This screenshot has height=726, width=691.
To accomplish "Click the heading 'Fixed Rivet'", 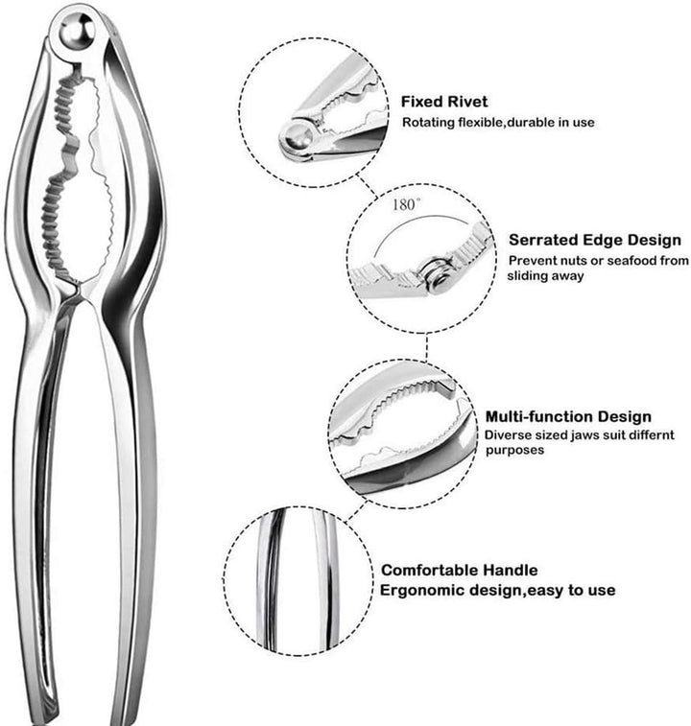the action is (x=444, y=102).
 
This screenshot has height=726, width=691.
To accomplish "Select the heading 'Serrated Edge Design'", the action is (x=595, y=240).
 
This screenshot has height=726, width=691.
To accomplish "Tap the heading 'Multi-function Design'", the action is (x=568, y=416).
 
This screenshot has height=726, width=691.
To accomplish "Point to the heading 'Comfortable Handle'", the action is (x=460, y=570).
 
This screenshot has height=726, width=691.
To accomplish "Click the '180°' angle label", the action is (x=407, y=204).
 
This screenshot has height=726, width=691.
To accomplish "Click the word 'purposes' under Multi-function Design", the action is (x=514, y=451).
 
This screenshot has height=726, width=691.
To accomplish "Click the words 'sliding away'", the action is (x=545, y=276).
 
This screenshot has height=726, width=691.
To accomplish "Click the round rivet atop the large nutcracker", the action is (x=77, y=32).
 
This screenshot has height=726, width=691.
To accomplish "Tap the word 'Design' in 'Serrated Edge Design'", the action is (x=653, y=240).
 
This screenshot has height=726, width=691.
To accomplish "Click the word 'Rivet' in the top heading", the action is (x=468, y=102).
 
